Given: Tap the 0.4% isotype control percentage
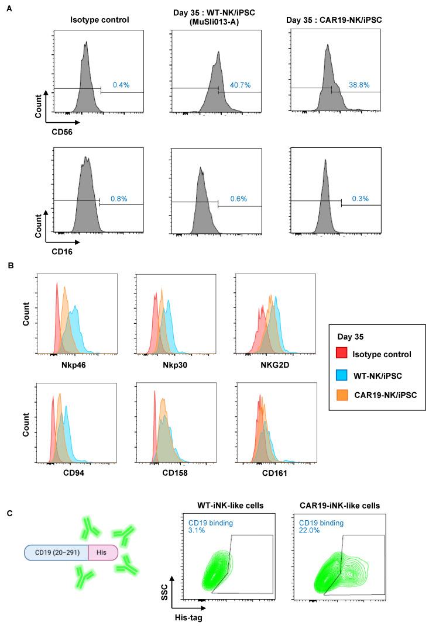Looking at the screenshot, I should point(121,85).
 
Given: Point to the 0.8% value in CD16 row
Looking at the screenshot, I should point(121,198).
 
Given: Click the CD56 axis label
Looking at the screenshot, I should point(44,132).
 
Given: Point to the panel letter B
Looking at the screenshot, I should point(11,265).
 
